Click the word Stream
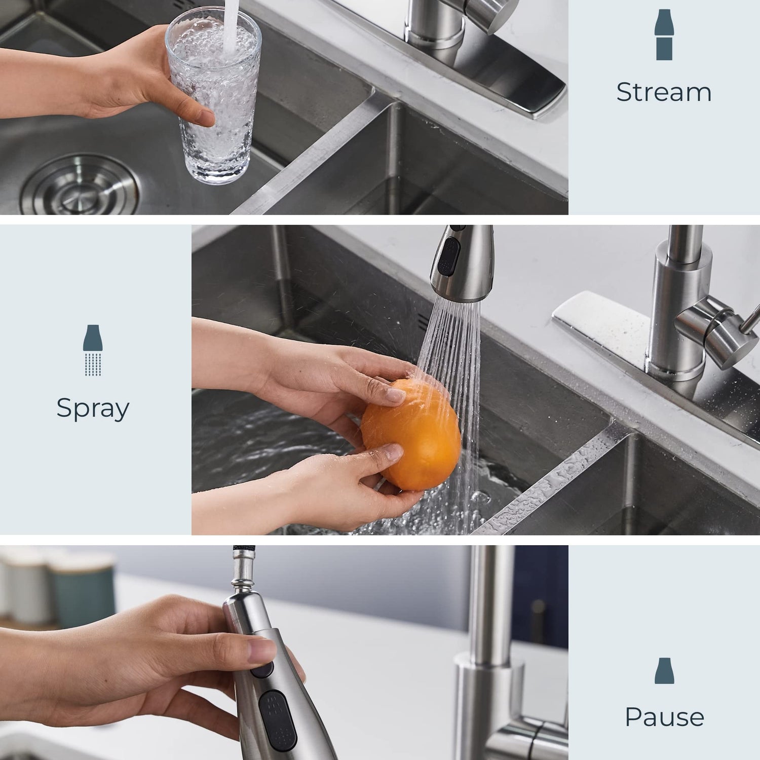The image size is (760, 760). pyautogui.click(x=664, y=92)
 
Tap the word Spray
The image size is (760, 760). pyautogui.click(x=93, y=408)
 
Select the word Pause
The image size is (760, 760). pyautogui.click(x=664, y=717)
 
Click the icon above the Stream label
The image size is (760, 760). pyautogui.click(x=664, y=34)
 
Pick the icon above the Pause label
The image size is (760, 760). pyautogui.click(x=664, y=671)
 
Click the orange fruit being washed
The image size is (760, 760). pyautogui.click(x=411, y=436)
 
